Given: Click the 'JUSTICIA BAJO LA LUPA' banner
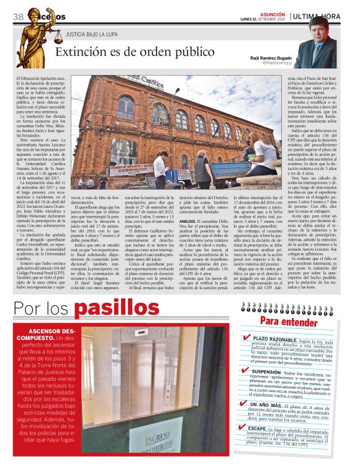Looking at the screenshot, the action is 93,35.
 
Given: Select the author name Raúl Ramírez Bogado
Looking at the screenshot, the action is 270,57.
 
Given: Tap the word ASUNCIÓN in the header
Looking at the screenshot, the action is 272,13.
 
